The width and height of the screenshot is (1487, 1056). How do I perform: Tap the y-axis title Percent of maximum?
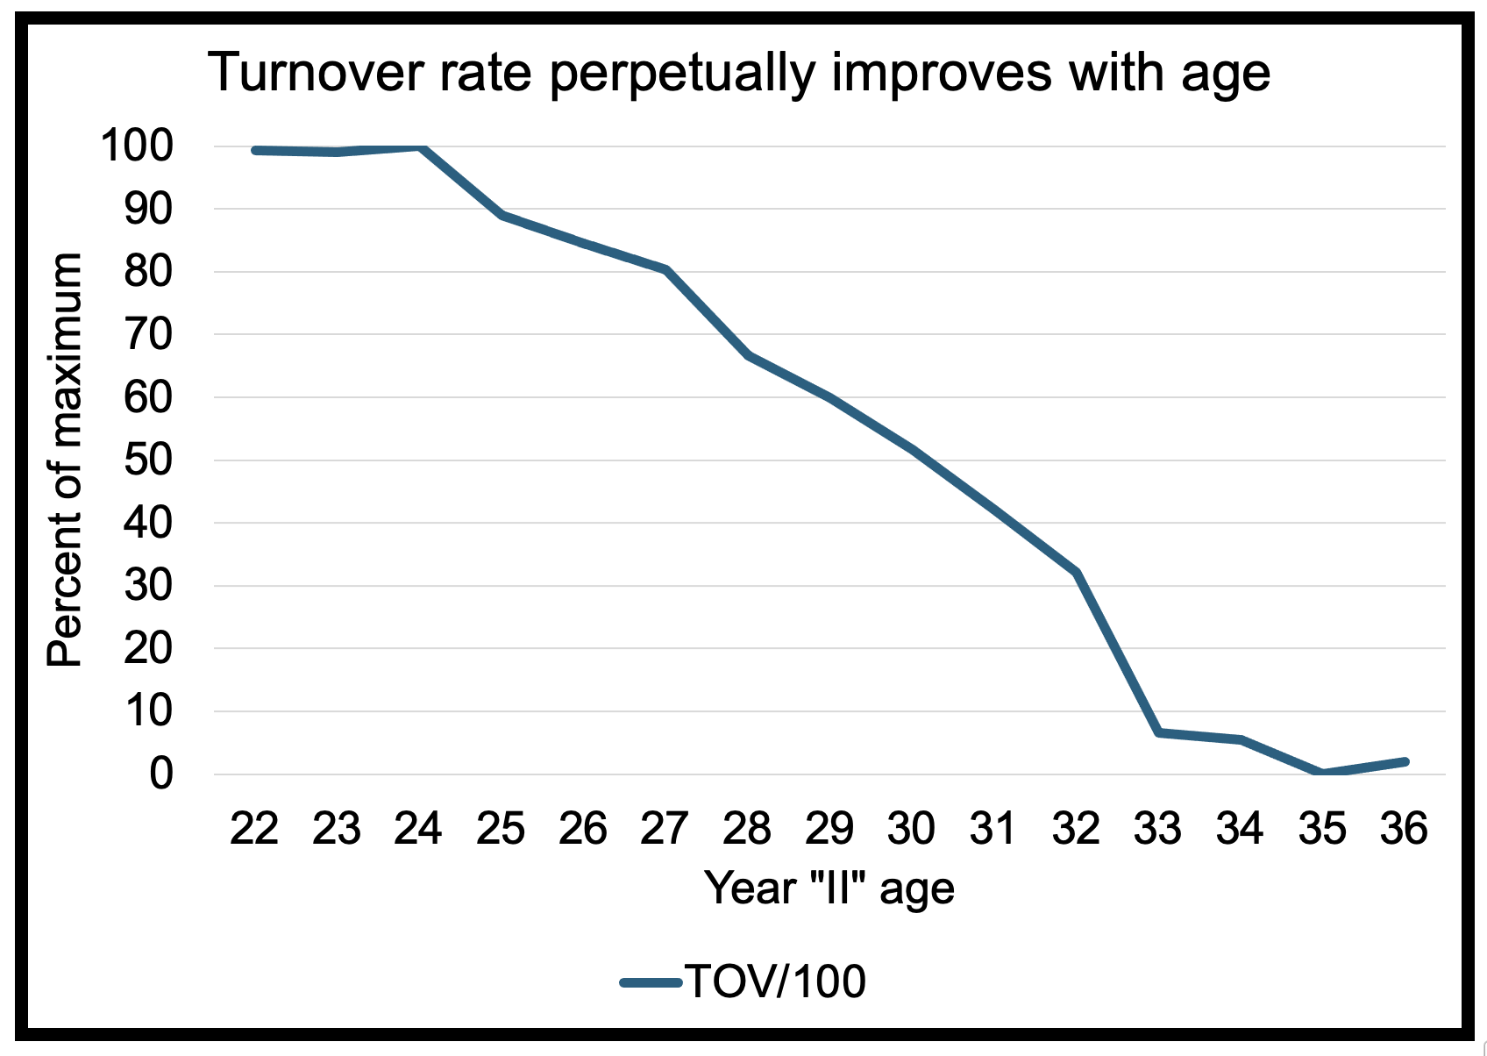tap(65, 460)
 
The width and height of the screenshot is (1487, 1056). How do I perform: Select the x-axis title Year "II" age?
tap(829, 888)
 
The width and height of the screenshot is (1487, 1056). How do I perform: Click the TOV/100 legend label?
tap(775, 981)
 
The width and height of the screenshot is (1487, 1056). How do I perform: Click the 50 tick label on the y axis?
tap(148, 460)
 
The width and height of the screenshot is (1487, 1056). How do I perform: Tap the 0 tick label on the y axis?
tap(160, 774)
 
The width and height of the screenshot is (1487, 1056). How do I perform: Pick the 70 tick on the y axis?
tap(148, 334)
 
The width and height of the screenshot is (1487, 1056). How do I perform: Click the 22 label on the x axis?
tap(254, 829)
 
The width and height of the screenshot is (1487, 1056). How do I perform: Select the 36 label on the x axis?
tap(1404, 829)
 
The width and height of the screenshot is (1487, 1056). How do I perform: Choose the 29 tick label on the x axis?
tap(829, 829)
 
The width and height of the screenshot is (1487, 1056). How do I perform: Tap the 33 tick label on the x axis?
tap(1157, 829)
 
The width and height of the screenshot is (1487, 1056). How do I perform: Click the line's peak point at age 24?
tap(421, 147)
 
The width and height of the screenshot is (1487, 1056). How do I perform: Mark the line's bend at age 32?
tap(1076, 573)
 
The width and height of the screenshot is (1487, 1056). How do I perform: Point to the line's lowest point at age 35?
tap(1320, 773)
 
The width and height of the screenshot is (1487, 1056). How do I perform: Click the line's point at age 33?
tap(1158, 731)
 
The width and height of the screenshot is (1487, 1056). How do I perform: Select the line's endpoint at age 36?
tap(1405, 761)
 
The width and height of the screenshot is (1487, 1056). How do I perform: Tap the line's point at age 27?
tap(666, 269)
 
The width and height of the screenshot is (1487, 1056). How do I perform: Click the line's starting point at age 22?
tap(255, 151)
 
